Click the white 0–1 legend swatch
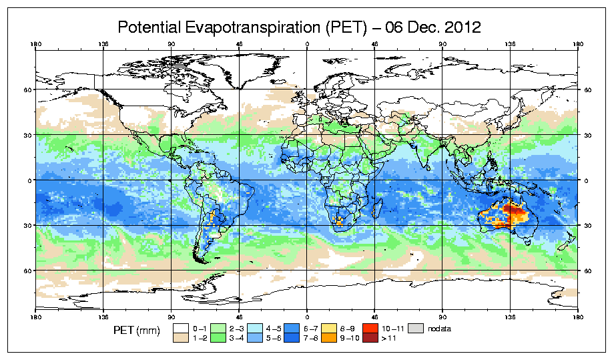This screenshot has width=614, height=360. pyautogui.click(x=180, y=328)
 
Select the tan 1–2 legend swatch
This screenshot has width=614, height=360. pyautogui.click(x=180, y=337)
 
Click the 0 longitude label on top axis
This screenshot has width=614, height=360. pyautogui.click(x=307, y=45)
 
